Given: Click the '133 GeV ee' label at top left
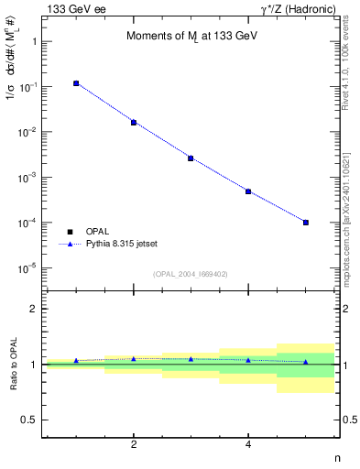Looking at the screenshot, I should [72, 9].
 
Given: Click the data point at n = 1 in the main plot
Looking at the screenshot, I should [76, 83].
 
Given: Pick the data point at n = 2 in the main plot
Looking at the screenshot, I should [134, 122].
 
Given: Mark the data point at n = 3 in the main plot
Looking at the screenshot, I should [191, 158].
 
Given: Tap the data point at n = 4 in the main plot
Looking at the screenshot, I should [248, 191].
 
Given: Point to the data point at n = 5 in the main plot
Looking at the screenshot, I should [306, 222].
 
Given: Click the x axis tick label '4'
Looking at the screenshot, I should [248, 444].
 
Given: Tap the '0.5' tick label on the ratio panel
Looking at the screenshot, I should [29, 420].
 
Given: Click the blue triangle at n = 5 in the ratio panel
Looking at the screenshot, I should [306, 362].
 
